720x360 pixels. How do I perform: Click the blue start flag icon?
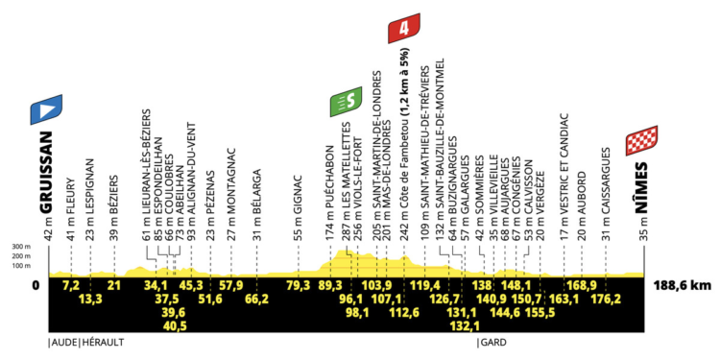point(45,108)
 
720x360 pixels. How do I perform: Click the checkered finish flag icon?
point(641,142)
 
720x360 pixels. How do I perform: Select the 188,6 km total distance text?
point(685,285)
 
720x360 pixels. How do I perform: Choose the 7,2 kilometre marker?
point(69,285)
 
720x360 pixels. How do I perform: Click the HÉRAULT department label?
point(102,341)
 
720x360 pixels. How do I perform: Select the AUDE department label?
point(64,341)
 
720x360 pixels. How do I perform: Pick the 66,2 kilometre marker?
point(256,299)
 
